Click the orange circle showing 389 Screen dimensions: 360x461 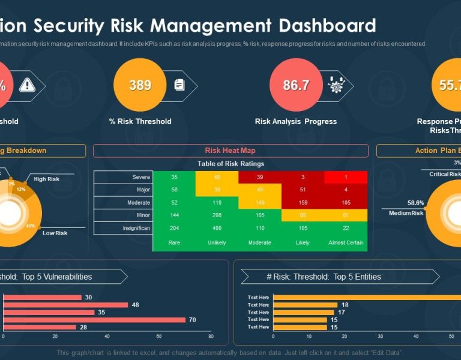pos(140,85)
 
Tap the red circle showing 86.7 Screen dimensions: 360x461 pos(296,85)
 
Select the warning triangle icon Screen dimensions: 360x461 pos(27,85)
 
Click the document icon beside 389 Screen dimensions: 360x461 pos(179,85)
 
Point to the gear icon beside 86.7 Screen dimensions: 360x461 pos(336,85)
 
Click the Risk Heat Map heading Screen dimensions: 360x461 pos(230,151)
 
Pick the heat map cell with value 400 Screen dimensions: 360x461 pos(217,229)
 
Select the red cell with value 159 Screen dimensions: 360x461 pos(303,203)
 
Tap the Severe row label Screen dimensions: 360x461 pos(141,177)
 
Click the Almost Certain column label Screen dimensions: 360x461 pos(346,243)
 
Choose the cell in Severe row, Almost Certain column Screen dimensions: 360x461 pos(346,177)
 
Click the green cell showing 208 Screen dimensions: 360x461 pos(217,215)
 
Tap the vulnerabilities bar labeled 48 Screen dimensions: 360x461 pos(65,305)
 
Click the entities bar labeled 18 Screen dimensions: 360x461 pos(305,305)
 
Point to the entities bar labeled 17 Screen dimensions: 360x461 pos(303,312)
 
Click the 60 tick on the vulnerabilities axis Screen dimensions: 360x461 pos(159,337)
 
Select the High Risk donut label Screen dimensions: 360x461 pos(46,179)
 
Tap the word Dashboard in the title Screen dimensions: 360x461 pos(324,26)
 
